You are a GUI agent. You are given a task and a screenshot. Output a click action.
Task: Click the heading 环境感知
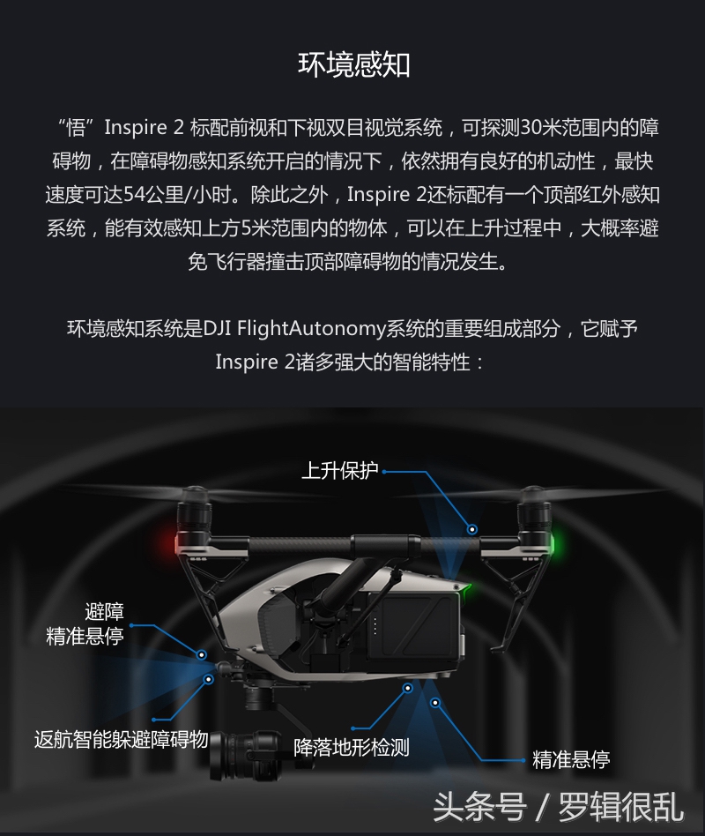(353, 66)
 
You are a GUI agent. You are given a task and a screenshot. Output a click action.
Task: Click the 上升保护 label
(339, 471)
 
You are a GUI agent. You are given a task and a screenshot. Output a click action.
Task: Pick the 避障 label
(104, 611)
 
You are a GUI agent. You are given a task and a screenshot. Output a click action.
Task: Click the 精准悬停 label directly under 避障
(85, 636)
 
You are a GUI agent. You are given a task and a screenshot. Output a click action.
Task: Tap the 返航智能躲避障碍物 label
(121, 739)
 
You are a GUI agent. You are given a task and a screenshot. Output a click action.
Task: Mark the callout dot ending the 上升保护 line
(472, 529)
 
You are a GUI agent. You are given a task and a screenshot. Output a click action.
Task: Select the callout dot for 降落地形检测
(407, 687)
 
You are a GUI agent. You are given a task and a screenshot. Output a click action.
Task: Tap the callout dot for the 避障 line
(202, 655)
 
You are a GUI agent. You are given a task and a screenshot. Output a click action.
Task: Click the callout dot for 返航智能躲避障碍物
(209, 679)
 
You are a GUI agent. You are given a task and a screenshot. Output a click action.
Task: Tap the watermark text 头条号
(479, 806)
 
